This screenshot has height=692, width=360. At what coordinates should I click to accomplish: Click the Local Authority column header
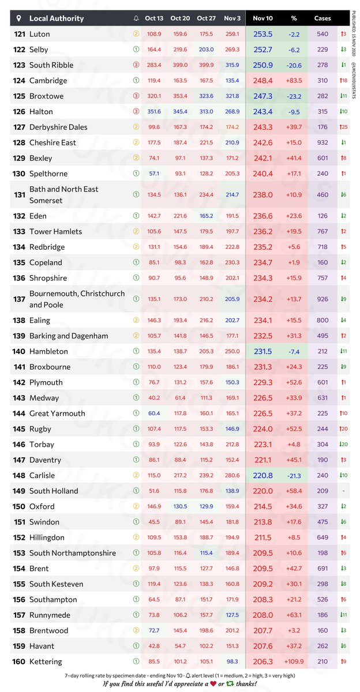(x=56, y=18)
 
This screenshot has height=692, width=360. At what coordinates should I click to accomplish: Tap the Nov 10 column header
(x=262, y=18)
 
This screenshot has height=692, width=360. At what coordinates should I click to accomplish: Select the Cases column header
(x=322, y=18)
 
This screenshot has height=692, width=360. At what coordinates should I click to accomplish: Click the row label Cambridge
(x=48, y=81)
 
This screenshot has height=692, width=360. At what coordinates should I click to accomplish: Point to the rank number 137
(x=19, y=299)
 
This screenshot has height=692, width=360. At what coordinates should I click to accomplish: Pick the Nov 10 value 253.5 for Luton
(x=262, y=34)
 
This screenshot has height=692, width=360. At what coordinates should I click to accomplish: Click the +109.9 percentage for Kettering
(x=294, y=661)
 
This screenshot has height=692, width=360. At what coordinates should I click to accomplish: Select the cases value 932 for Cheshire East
(x=322, y=142)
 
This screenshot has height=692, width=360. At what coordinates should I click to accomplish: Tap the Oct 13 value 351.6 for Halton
(x=154, y=111)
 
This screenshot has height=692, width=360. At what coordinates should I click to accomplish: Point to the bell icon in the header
(x=136, y=18)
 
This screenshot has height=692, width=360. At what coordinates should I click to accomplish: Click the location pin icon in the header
(x=19, y=18)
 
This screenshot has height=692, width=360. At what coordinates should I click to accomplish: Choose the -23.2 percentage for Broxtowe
(x=294, y=96)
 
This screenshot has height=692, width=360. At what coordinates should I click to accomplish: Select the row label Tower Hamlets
(x=55, y=231)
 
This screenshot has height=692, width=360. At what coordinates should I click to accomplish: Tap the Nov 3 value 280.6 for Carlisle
(x=232, y=475)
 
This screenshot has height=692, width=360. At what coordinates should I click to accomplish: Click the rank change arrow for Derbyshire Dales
(x=343, y=127)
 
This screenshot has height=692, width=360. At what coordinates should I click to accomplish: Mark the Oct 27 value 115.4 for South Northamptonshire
(x=207, y=553)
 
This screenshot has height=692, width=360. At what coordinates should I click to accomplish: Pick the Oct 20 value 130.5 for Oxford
(x=180, y=506)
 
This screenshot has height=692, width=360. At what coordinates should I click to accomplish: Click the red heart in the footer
(x=213, y=684)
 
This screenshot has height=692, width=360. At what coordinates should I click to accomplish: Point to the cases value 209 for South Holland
(x=322, y=491)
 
